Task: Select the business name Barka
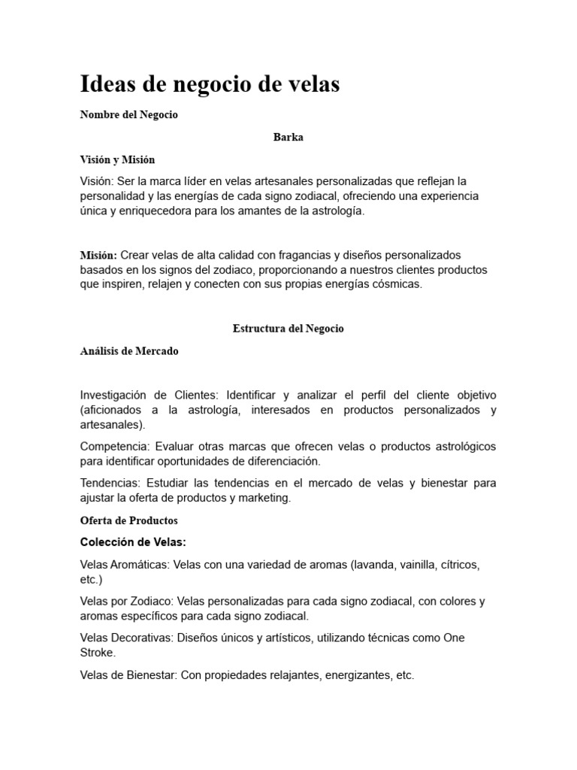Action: pyautogui.click(x=288, y=137)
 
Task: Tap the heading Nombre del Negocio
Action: pyautogui.click(x=129, y=115)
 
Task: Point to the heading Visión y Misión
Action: pyautogui.click(x=118, y=159)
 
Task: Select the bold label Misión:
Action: pyautogui.click(x=98, y=255)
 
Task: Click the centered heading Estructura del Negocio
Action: pyautogui.click(x=288, y=329)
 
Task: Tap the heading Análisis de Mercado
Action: pyautogui.click(x=129, y=351)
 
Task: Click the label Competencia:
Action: pyautogui.click(x=114, y=447)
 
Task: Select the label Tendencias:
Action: pyautogui.click(x=111, y=483)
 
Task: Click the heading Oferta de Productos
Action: pyautogui.click(x=129, y=520)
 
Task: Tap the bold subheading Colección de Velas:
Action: pyautogui.click(x=133, y=541)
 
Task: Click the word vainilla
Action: pyautogui.click(x=430, y=563)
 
